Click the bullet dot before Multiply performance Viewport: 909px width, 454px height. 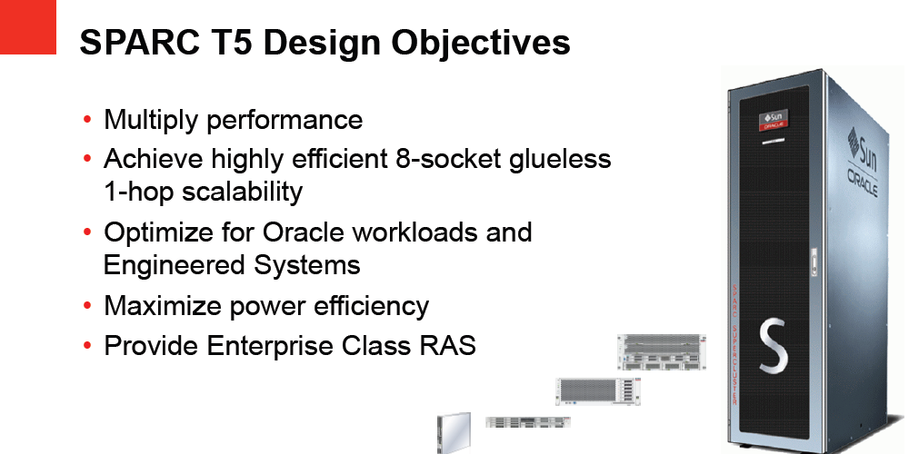click(x=87, y=120)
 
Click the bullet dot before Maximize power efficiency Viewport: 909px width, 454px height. click(x=87, y=306)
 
